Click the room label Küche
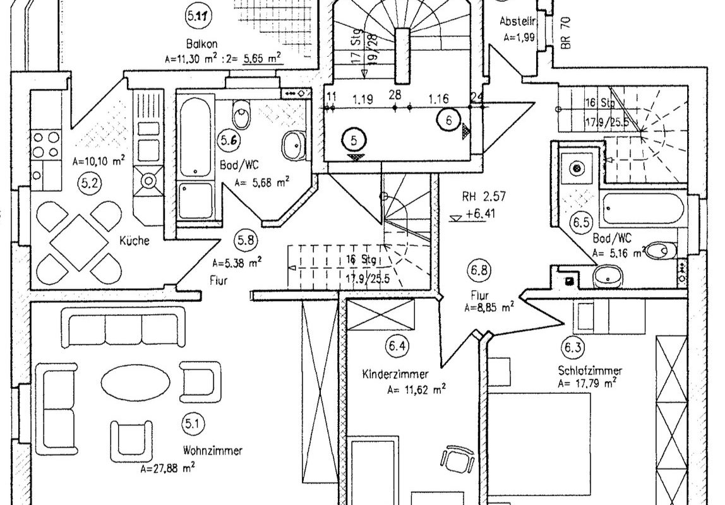click(x=134, y=241)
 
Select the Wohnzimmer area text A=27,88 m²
click(x=168, y=468)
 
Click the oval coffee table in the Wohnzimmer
click(x=135, y=381)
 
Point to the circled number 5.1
click(x=191, y=424)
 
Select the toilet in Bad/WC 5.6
click(x=242, y=116)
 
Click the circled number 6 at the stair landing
click(x=449, y=119)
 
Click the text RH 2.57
click(x=484, y=196)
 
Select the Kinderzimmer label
click(x=396, y=374)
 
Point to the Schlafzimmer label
click(x=590, y=371)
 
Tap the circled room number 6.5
click(x=580, y=223)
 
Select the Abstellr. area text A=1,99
click(x=519, y=37)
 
